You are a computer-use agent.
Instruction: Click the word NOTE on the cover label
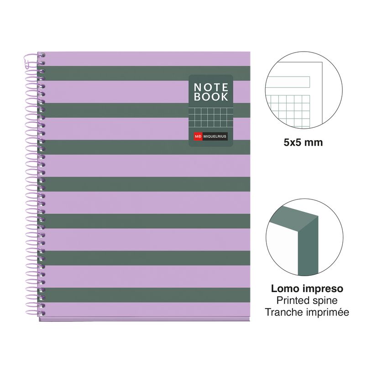tap(211, 87)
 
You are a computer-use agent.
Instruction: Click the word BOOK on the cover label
tap(211, 97)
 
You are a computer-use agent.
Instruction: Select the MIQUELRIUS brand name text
tap(215, 136)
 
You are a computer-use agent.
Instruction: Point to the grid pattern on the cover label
tap(211, 117)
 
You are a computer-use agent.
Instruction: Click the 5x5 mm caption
tap(303, 142)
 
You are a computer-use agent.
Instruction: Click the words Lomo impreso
tap(307, 289)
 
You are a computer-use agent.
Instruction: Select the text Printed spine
tap(307, 301)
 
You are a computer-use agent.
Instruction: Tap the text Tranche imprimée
tap(307, 312)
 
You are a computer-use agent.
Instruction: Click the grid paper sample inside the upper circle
tap(288, 110)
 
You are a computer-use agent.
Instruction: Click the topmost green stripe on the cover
tap(147, 73)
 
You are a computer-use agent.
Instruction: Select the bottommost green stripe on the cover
tap(147, 295)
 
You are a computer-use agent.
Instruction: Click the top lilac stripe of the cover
tap(147, 59)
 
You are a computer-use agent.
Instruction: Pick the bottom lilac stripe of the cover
tap(147, 309)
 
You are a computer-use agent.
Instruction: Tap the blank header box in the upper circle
tap(288, 82)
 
